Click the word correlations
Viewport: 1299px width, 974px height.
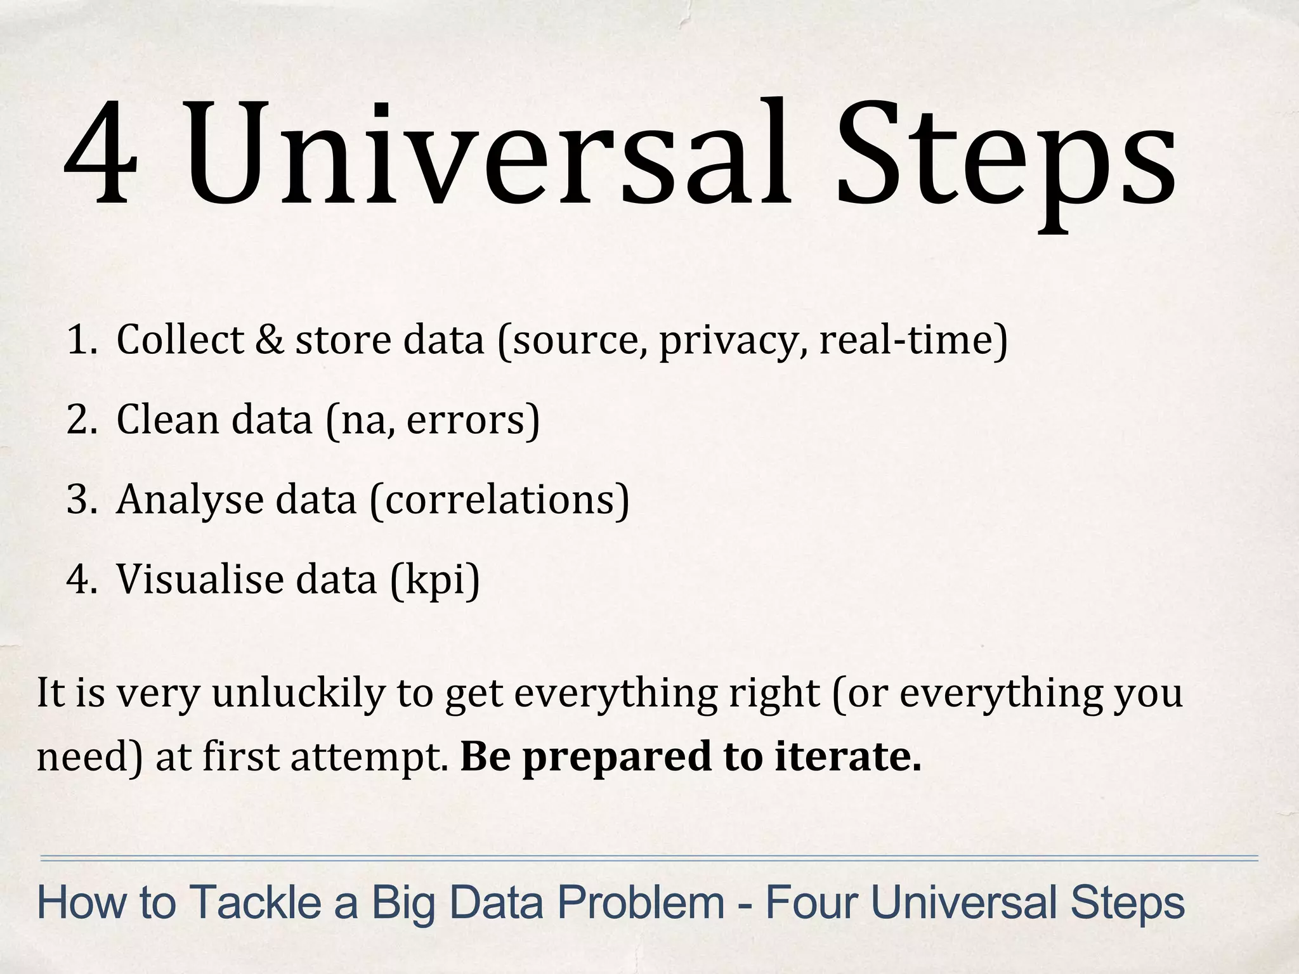point(499,500)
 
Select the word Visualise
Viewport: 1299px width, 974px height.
point(200,580)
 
